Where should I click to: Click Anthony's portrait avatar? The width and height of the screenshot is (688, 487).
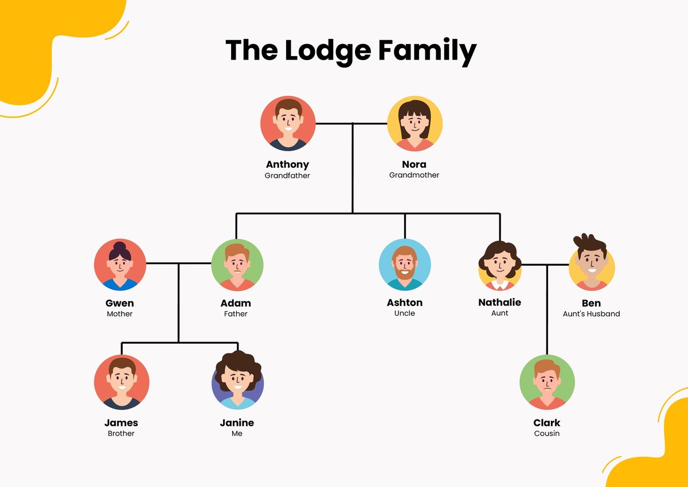click(x=288, y=123)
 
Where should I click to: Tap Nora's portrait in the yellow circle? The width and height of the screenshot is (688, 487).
click(x=415, y=123)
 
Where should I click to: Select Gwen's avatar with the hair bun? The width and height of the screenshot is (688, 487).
click(x=120, y=265)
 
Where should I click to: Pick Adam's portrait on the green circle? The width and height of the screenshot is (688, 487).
click(x=237, y=265)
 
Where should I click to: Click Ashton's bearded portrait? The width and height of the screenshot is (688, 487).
click(x=405, y=265)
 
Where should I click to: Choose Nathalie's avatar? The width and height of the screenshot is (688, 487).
click(x=499, y=265)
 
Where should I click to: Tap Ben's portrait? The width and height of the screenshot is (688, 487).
click(x=592, y=265)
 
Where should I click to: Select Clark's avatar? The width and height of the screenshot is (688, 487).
click(x=547, y=382)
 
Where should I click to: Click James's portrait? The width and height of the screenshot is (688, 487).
click(x=122, y=382)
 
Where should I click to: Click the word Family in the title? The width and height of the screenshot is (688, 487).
click(x=427, y=50)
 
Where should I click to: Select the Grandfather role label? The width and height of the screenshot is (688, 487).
click(x=287, y=175)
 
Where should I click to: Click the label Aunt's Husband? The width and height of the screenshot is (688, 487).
click(x=591, y=313)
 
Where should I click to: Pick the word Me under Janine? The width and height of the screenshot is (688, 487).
click(x=237, y=434)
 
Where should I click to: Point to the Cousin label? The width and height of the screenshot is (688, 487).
click(x=546, y=434)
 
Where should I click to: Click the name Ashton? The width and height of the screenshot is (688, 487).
click(x=405, y=303)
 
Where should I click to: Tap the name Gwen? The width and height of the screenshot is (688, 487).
click(x=120, y=303)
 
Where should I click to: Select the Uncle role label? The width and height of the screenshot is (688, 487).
click(x=405, y=313)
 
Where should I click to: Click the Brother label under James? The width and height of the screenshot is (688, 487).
click(x=121, y=434)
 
